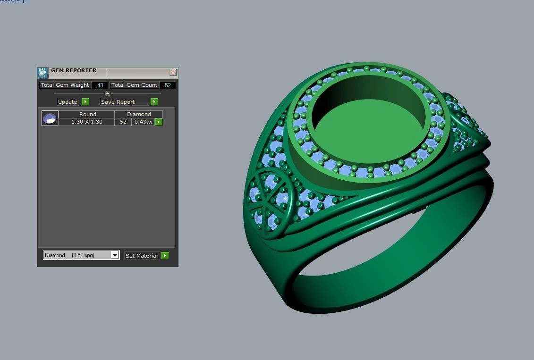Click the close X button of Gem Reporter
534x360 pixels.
pos(173,72)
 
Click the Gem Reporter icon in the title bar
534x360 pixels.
pos(42,73)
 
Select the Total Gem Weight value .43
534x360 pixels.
pos(100,85)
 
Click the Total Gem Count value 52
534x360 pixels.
pos(168,85)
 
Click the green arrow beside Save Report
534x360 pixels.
pos(154,102)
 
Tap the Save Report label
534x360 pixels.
pos(118,102)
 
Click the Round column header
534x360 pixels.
pos(87,114)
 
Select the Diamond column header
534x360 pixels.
pos(139,114)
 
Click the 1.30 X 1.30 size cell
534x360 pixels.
pos(87,122)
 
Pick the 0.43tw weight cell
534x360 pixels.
pos(143,122)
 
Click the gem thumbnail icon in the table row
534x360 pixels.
pos(50,118)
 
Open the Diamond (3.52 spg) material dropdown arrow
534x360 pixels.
pos(114,255)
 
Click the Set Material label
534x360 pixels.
pos(141,256)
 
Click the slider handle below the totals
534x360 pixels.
pos(107,93)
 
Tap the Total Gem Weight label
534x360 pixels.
pos(65,85)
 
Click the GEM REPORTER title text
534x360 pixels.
pos(74,71)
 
